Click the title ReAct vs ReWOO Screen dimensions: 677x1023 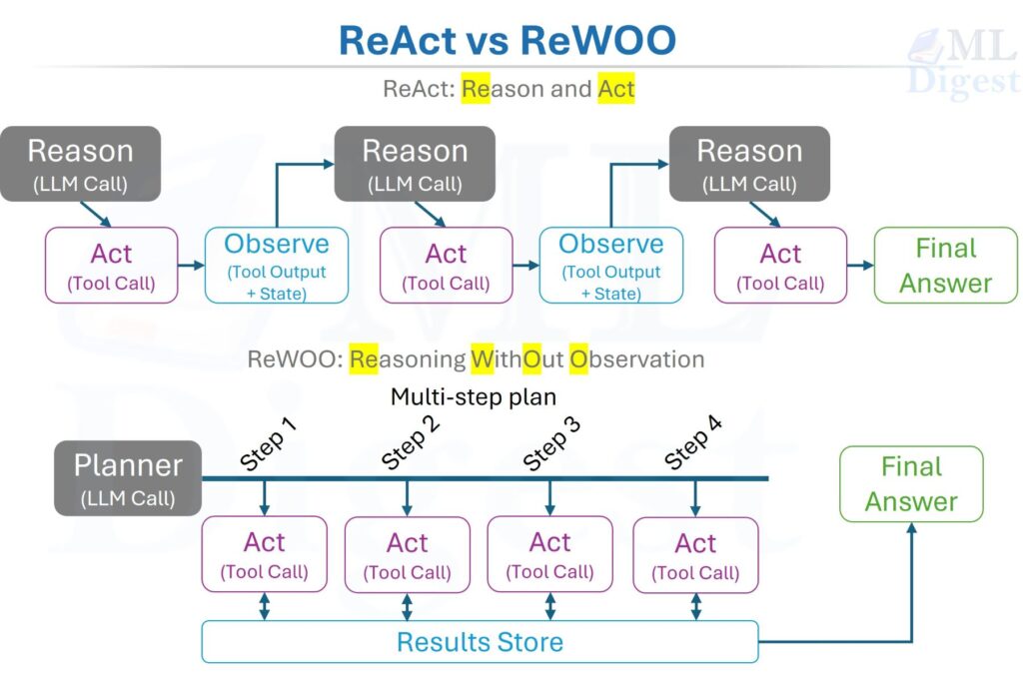pyautogui.click(x=508, y=41)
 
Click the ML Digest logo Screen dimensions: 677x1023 pyautogui.click(x=961, y=62)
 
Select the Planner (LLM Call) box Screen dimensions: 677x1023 pyautogui.click(x=128, y=477)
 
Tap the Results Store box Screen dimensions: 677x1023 pyautogui.click(x=480, y=642)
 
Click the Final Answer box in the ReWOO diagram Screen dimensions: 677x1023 pyautogui.click(x=911, y=483)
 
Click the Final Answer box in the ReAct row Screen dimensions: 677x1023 pyautogui.click(x=945, y=266)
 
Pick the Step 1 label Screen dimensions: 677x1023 pyautogui.click(x=269, y=443)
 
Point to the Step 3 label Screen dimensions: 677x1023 pyautogui.click(x=552, y=443)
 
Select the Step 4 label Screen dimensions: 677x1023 pyautogui.click(x=693, y=443)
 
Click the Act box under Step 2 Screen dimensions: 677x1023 pyautogui.click(x=407, y=555)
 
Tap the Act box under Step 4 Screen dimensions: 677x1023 pyautogui.click(x=695, y=555)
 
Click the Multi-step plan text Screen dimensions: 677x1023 pyautogui.click(x=473, y=396)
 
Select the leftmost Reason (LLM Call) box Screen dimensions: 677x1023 pyautogui.click(x=80, y=164)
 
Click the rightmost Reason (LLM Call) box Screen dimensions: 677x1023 pyautogui.click(x=749, y=164)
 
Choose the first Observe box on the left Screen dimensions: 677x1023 pyautogui.click(x=276, y=266)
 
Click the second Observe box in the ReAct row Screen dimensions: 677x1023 pyautogui.click(x=610, y=266)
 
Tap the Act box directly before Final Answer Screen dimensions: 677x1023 pyautogui.click(x=780, y=266)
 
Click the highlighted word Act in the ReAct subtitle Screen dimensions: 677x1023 pyautogui.click(x=616, y=89)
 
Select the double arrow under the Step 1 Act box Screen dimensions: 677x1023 pyautogui.click(x=265, y=606)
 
